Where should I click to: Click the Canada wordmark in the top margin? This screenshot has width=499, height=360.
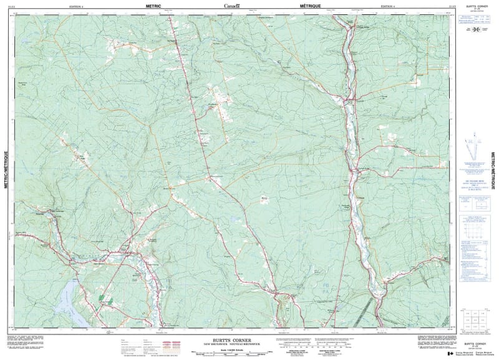232,6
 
